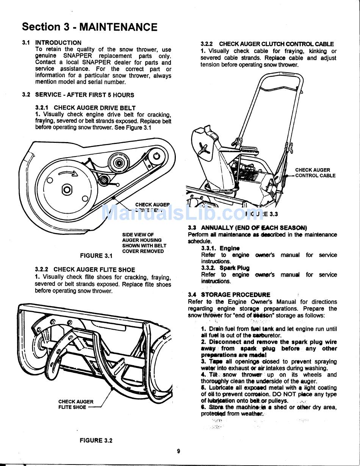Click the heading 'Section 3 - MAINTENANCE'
click(x=89, y=27)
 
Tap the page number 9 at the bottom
click(x=178, y=451)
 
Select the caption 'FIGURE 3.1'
click(x=96, y=256)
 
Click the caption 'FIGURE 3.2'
click(x=96, y=440)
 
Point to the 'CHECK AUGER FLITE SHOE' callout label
click(x=76, y=405)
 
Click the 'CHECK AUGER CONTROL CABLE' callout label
click(x=315, y=173)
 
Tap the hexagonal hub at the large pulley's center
click(x=67, y=189)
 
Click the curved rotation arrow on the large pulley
click(x=68, y=173)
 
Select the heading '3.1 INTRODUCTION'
click(x=52, y=43)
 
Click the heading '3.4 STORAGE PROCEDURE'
click(x=229, y=294)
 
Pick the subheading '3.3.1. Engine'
click(x=220, y=248)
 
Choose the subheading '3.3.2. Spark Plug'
click(x=225, y=268)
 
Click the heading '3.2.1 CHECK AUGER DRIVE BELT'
click(x=85, y=108)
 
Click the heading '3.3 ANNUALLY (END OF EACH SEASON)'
click(x=247, y=228)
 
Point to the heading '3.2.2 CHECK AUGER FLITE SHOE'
click(x=85, y=269)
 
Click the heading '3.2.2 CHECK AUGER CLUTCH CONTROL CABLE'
click(x=267, y=44)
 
